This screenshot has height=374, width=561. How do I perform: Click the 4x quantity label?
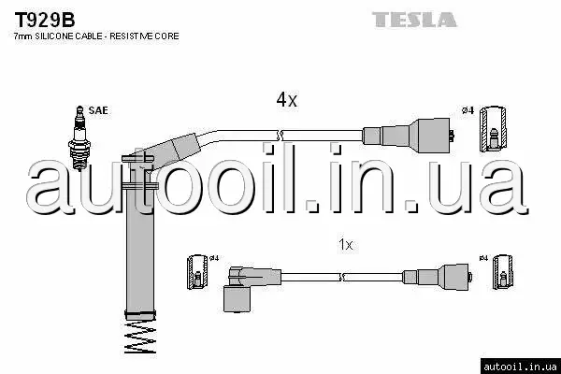pos(285,99)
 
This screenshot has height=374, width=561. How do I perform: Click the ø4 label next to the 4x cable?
pos(468,111)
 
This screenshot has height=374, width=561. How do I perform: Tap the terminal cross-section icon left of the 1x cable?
pos(197,273)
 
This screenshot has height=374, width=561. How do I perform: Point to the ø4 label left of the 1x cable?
pos(213,259)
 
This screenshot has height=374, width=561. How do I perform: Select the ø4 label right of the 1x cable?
pos(483,258)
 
